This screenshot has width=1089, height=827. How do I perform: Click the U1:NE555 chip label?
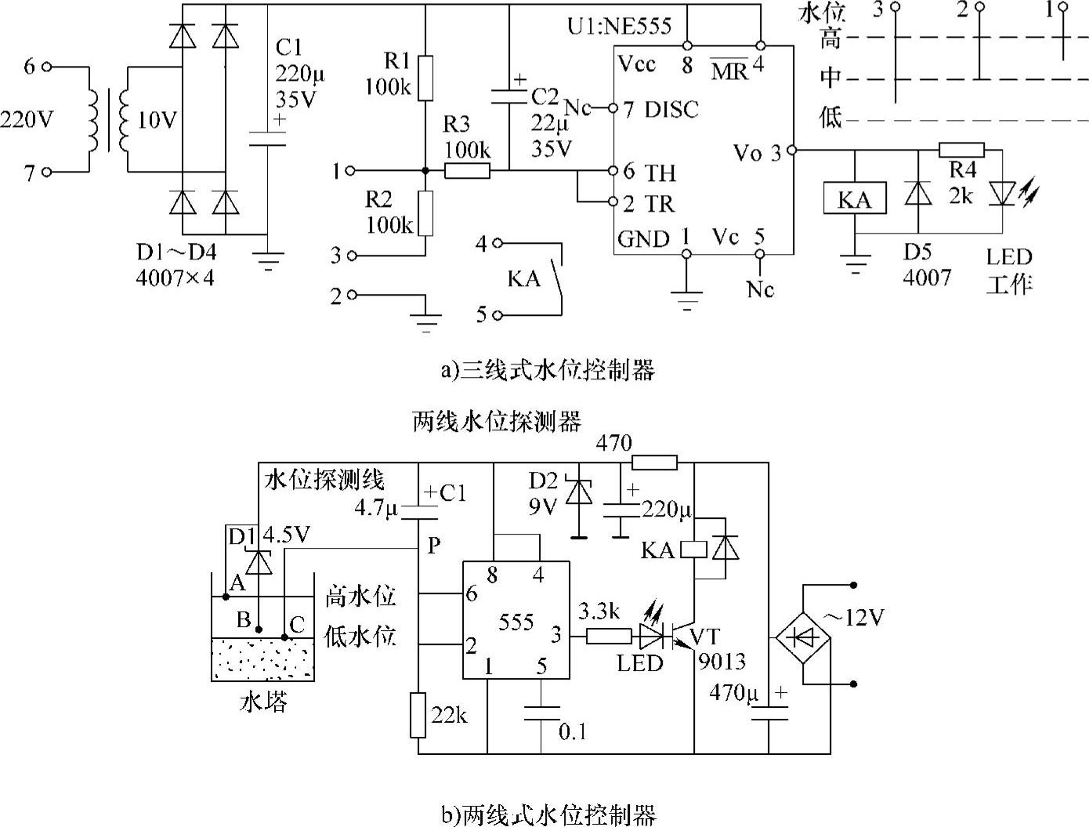coord(619,26)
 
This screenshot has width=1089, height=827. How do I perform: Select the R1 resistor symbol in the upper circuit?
coord(424,78)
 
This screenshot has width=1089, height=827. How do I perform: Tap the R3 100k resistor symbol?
coord(468,170)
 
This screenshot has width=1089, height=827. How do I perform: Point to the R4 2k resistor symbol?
coord(961,150)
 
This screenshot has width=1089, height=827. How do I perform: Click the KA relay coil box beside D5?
coord(855,199)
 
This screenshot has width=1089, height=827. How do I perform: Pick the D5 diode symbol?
coord(917,193)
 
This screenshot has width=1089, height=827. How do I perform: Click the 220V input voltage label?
coord(27,119)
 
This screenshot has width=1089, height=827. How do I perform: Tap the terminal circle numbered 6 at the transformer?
coord(46,67)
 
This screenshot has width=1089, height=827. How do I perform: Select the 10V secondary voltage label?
coord(157,120)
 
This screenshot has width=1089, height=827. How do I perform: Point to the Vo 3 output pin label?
coord(758,152)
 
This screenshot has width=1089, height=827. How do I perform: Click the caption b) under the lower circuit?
coord(548,814)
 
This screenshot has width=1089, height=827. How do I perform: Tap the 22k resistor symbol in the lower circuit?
coord(418,715)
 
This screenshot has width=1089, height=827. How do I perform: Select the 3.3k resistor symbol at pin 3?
coord(609,636)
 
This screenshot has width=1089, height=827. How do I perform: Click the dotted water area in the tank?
coord(262,658)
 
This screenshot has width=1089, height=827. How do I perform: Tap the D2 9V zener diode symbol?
coord(579,492)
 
